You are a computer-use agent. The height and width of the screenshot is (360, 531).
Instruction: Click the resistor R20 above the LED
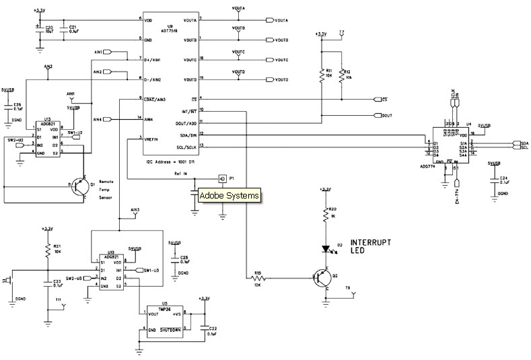[326, 216]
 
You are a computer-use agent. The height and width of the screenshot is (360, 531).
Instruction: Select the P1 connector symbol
[221, 178]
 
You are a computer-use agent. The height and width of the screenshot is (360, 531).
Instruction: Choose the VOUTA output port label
[281, 20]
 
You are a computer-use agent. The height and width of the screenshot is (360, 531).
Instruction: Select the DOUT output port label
[386, 116]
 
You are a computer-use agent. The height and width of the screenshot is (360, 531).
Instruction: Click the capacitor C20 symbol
[40, 30]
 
